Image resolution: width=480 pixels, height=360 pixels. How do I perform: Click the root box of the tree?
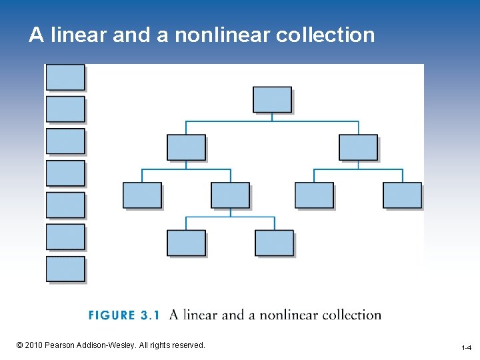click(272, 99)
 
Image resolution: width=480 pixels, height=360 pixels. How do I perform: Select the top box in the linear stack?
click(65, 77)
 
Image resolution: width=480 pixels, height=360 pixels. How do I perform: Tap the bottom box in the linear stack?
click(65, 269)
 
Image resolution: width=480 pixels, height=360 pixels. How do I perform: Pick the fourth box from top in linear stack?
click(65, 173)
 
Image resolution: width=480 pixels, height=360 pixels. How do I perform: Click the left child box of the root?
click(186, 147)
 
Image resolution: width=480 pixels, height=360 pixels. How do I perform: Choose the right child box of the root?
click(358, 147)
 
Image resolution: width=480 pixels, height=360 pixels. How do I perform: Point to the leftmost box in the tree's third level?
click(142, 195)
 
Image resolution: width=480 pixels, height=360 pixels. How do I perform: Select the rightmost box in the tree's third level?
click(402, 195)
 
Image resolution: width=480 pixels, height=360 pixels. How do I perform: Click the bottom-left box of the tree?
click(186, 243)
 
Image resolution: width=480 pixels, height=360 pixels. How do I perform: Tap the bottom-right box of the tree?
click(274, 243)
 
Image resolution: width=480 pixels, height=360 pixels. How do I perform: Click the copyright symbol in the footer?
click(19, 345)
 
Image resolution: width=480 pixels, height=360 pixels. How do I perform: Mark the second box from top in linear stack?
click(65, 109)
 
